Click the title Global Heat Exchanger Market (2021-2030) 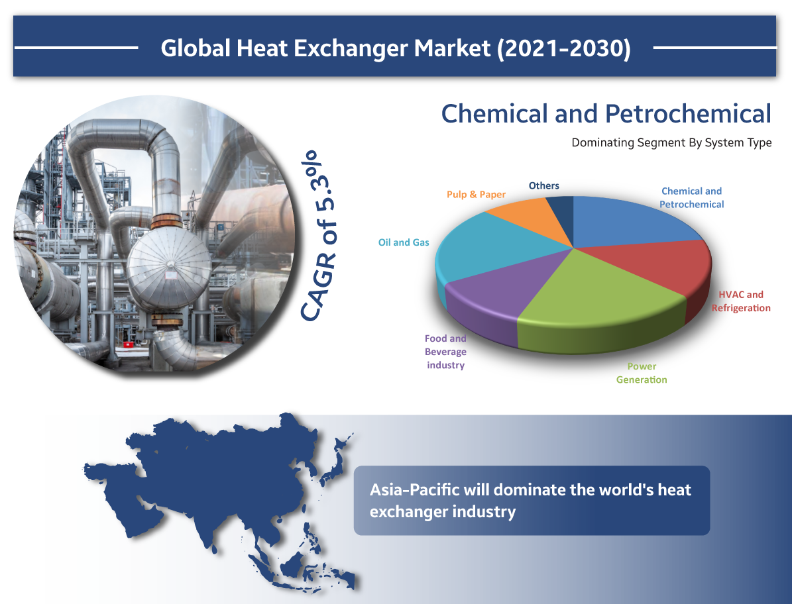(396, 48)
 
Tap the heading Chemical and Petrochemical (606, 113)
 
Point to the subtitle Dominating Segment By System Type (671, 143)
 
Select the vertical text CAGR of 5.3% (318, 236)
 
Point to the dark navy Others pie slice (563, 212)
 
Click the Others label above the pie (544, 185)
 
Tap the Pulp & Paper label (476, 194)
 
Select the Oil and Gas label (404, 242)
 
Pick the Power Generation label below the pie (642, 373)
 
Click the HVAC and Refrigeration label (741, 301)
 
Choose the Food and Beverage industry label (445, 352)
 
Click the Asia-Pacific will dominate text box (532, 501)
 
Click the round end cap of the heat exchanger (169, 268)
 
